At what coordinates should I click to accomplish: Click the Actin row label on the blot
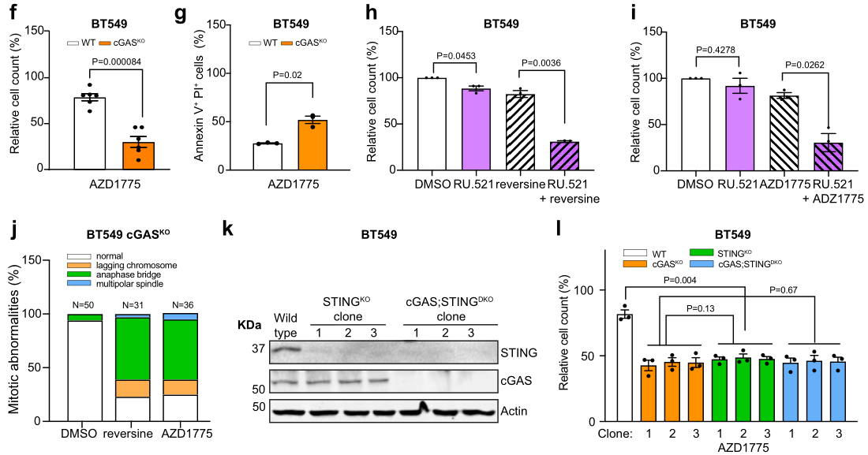coord(514,411)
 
